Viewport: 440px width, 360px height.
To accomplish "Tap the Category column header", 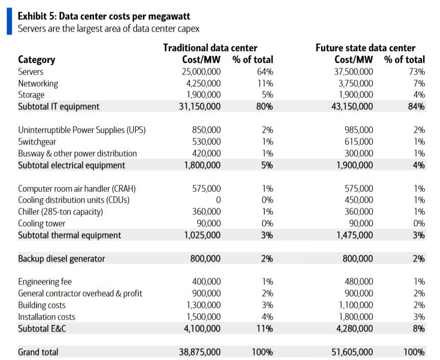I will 36,60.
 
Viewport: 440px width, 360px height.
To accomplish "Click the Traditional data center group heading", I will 210,48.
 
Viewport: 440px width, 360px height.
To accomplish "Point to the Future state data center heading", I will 365,48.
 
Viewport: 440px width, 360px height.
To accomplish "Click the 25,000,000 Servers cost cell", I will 201,72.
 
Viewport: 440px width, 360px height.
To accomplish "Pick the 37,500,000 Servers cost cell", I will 353,72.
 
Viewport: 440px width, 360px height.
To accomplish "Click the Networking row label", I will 38,83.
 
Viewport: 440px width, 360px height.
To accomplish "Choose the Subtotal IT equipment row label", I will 59,107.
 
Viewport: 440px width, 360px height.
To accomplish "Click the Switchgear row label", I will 37,141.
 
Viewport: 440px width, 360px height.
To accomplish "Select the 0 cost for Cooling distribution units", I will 218,200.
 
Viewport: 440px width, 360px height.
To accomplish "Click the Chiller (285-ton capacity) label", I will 60,211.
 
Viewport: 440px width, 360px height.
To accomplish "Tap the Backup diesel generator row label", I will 61,258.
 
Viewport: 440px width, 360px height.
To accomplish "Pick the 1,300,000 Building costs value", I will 204,305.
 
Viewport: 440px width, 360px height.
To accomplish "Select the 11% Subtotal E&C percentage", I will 264,328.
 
